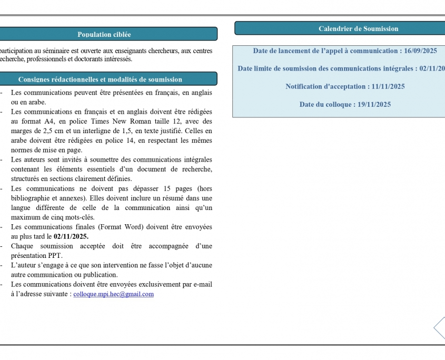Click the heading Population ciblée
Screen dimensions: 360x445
(104, 34)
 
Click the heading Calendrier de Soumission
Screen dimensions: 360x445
(358, 28)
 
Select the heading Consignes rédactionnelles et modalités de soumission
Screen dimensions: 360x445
(100, 79)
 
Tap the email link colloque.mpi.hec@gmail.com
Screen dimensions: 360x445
(114, 294)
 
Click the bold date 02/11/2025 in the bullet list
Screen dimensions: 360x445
(71, 236)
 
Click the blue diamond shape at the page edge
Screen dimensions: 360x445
(440, 327)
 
